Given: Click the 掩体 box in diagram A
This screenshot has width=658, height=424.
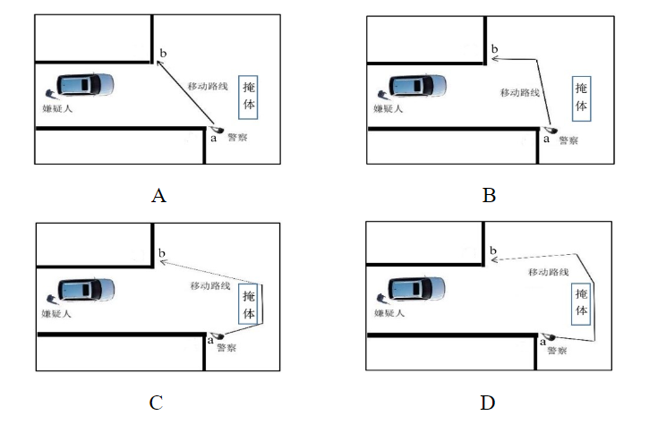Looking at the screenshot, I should (x=250, y=95).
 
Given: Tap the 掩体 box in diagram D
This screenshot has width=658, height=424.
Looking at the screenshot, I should (x=582, y=301).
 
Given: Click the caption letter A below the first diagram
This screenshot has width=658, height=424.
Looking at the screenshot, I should (x=159, y=195).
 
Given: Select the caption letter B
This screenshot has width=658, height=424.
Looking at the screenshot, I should (x=489, y=195).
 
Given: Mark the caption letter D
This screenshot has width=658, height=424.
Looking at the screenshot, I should (x=489, y=402).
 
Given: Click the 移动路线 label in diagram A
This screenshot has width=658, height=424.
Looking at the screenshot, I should (x=207, y=87).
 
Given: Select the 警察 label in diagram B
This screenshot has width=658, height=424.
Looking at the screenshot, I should (x=566, y=140).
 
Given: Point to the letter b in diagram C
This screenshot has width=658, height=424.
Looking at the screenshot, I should (x=162, y=253).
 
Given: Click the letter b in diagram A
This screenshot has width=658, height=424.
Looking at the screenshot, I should (x=162, y=55).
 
